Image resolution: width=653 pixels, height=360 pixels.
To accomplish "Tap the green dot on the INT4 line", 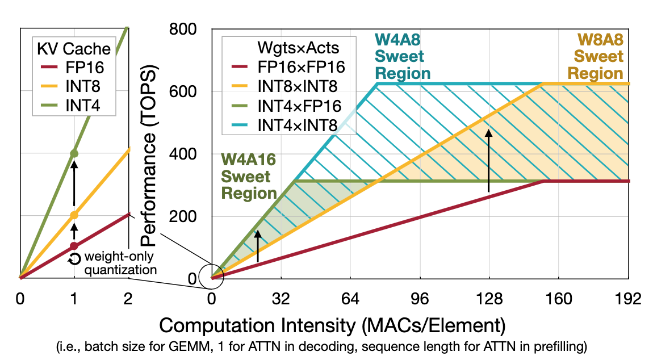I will pos(74,154).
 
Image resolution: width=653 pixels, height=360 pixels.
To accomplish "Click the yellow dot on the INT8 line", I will pos(74,215).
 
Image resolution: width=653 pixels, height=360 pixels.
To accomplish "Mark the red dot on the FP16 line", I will pos(74,246).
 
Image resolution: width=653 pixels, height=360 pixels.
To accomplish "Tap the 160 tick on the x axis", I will pos(559,299).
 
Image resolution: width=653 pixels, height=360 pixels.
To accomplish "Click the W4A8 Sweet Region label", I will pos(402,57).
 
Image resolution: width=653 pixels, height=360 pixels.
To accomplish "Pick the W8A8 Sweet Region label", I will pos(596,57).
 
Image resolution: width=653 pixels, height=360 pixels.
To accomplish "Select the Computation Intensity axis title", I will pos(332,326).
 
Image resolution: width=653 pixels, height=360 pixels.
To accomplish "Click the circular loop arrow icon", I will pos(74,259).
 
